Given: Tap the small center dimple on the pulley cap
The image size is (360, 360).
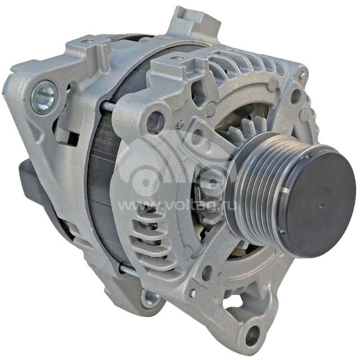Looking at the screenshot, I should tap(321, 205).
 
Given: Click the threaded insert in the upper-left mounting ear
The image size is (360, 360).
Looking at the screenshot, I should tap(44, 96).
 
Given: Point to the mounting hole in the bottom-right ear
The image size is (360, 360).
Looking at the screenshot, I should tap(252, 335).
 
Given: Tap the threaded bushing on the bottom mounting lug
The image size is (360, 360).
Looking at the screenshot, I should tap(150, 297).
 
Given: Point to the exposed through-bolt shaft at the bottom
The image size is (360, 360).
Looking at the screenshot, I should tap(128, 270).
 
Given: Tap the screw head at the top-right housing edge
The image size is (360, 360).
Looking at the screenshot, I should tap(302, 75).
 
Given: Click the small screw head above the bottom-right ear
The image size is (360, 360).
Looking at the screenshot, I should tap(193, 293).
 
